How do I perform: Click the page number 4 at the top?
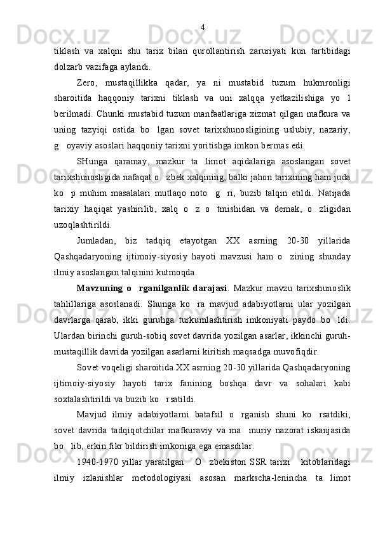coord(202,27)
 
